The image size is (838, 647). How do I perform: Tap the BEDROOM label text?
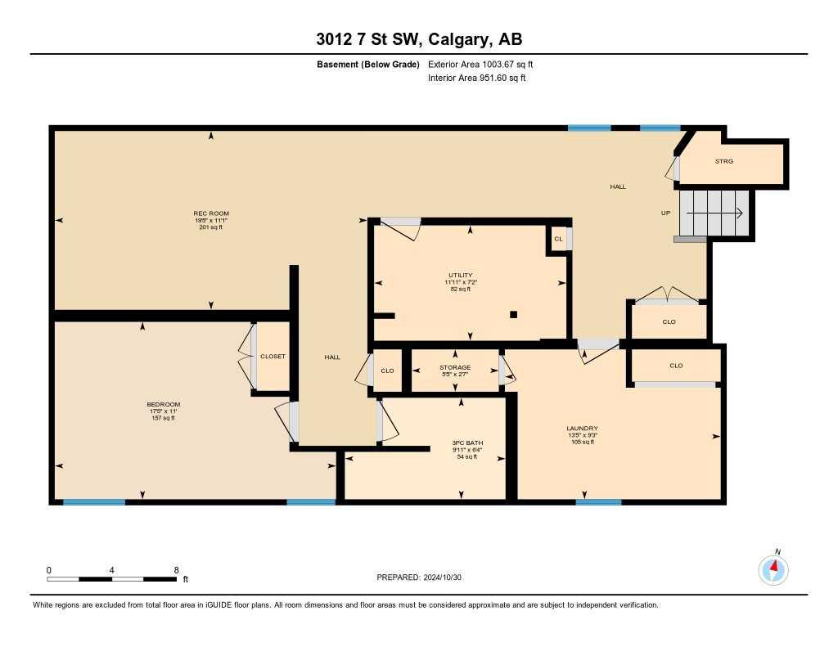pos(163,404)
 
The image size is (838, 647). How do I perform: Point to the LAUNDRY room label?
pos(582,429)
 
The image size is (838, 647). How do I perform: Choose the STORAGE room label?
pos(454,368)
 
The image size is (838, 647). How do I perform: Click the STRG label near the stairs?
pos(724,162)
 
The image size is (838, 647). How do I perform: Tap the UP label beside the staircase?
pos(666,213)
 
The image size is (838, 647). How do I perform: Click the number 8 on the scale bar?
pos(176,569)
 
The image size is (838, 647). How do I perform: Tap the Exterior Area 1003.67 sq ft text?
pos(480,64)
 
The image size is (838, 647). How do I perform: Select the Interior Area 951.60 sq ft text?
pos(476,79)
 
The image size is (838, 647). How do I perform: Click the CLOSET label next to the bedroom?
pos(273,357)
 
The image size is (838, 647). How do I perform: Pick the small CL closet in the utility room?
pos(557,239)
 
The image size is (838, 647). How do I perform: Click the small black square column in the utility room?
pos(513,314)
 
